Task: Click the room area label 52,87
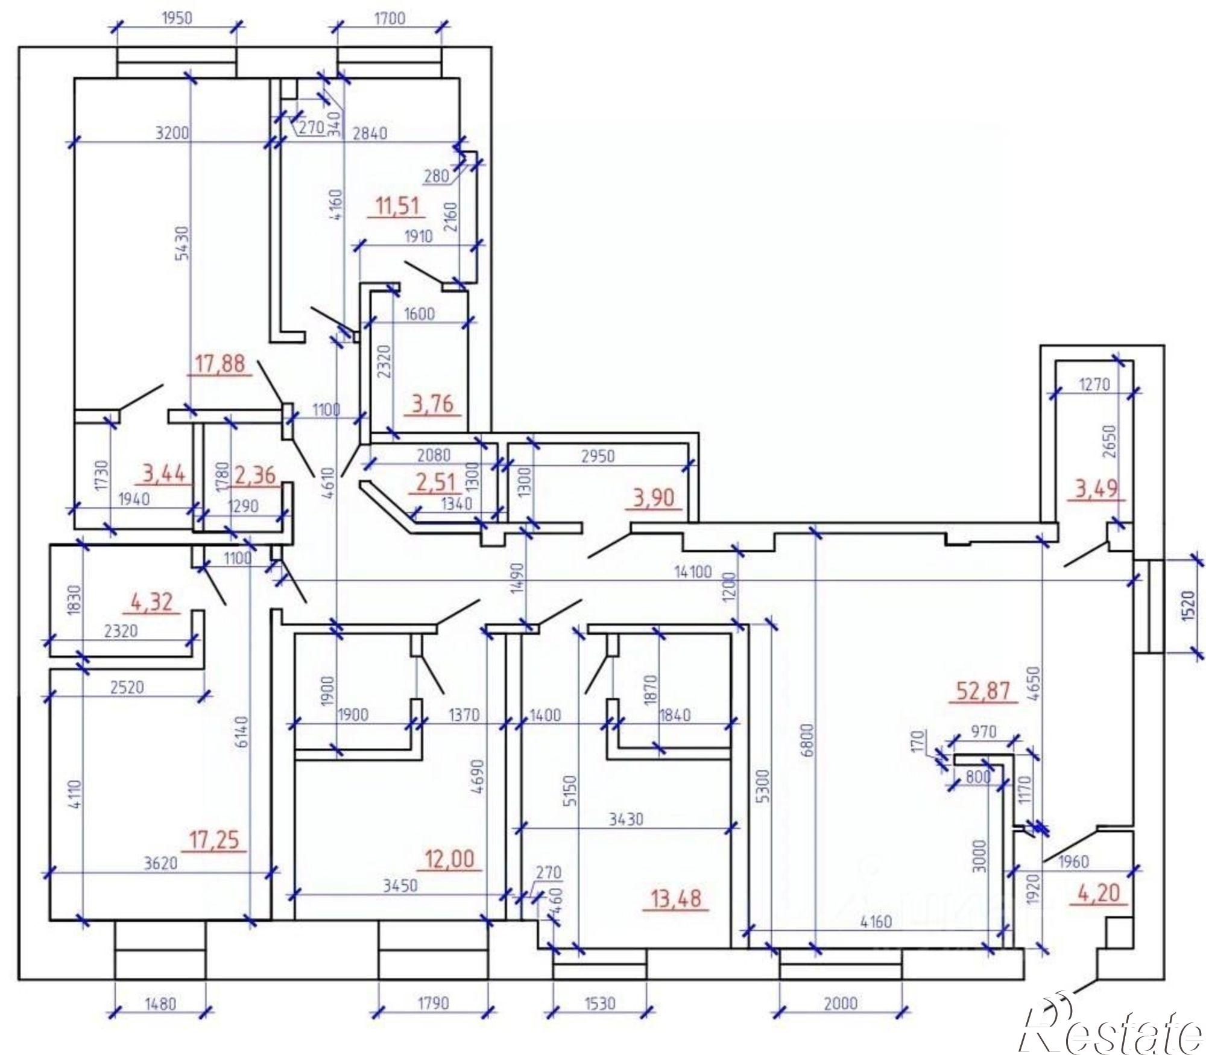click(x=984, y=690)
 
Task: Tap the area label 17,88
click(x=220, y=364)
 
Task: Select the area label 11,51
click(x=397, y=206)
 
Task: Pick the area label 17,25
click(x=214, y=839)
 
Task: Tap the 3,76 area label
click(x=432, y=404)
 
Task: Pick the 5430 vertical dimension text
click(x=182, y=242)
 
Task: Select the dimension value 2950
click(x=598, y=455)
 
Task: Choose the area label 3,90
click(x=652, y=499)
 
